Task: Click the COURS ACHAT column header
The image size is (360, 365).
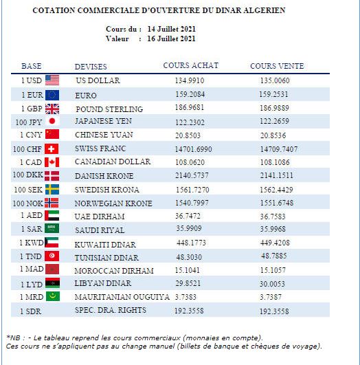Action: [191, 65]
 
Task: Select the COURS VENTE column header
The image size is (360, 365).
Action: [277, 66]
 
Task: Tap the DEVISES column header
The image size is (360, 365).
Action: [91, 67]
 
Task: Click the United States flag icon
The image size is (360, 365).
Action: [52, 80]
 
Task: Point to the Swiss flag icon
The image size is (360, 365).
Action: [52, 149]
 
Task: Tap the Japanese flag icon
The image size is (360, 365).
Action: [52, 121]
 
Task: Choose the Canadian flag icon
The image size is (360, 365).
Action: [52, 162]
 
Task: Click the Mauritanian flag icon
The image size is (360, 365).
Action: [53, 296]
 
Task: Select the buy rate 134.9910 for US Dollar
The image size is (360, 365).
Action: [190, 80]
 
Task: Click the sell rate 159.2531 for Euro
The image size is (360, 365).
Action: [273, 94]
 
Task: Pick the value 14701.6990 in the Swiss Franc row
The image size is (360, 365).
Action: [193, 149]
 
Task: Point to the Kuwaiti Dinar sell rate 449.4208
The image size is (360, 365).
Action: [275, 243]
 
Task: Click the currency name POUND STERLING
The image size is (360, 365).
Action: [109, 109]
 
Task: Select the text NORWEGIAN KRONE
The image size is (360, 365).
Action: [113, 203]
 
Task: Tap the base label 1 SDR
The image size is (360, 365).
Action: [30, 311]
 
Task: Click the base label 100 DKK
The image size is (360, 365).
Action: [28, 175]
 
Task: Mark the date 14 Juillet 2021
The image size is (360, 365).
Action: [172, 29]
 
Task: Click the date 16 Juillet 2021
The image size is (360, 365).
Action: [172, 38]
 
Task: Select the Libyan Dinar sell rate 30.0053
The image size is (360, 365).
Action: [272, 284]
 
